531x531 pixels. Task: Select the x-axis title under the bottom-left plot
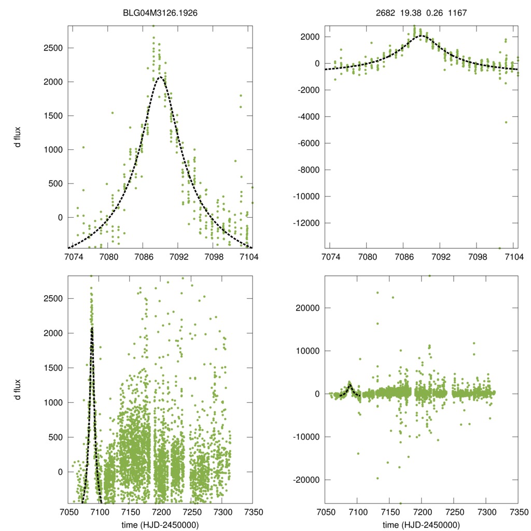[160, 525]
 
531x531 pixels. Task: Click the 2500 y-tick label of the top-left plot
[52, 48]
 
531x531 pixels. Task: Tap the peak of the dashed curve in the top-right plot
[422, 36]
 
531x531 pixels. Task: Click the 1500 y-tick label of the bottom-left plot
[52, 368]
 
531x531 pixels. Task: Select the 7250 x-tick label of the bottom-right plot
[454, 511]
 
